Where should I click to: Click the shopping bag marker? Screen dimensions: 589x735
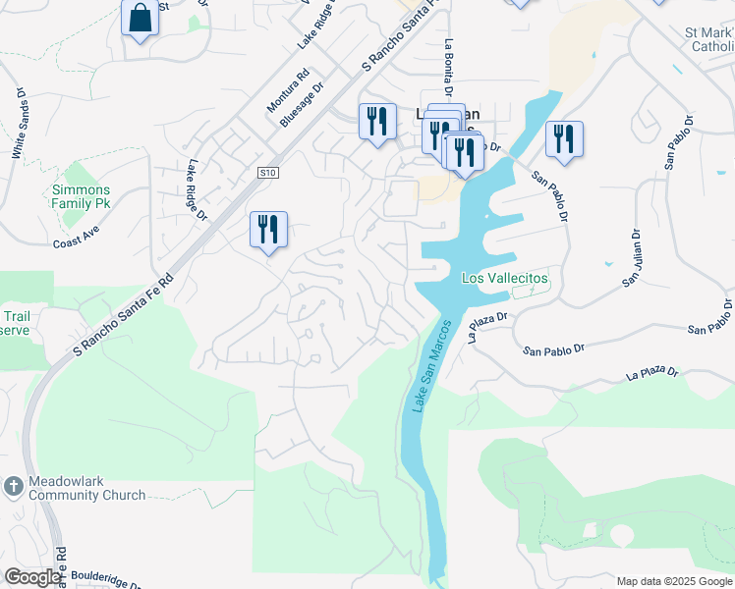[x=141, y=19]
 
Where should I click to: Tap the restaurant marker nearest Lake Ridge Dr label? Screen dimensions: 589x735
[x=268, y=230]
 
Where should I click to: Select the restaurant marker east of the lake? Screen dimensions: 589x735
[x=564, y=139]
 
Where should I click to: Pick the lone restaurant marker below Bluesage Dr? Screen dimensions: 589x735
[x=377, y=122]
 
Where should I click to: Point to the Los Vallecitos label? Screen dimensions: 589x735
[x=505, y=279]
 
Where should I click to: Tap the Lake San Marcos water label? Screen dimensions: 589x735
[x=431, y=365]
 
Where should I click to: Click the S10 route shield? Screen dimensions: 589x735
[x=268, y=173]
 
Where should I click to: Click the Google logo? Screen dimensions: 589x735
[x=32, y=576]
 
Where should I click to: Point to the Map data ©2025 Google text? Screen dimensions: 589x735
[x=673, y=581]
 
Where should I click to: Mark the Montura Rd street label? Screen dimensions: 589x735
[x=288, y=89]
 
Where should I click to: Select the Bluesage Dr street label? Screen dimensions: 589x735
[x=302, y=104]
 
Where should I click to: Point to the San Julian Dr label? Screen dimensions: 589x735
[x=630, y=259]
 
